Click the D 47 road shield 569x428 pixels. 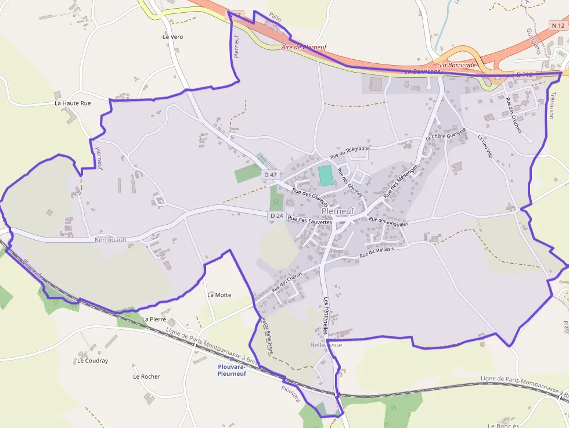point(271,174)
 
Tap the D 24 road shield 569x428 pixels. point(276,216)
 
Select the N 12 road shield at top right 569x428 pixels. point(558,26)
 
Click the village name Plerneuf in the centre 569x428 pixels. point(337,211)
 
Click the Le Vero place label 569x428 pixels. point(173,37)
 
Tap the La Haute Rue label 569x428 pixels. point(73,103)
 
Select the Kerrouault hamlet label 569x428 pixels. point(111,239)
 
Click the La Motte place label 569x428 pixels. point(219,295)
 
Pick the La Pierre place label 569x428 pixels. point(154,319)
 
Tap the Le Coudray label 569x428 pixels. point(92,361)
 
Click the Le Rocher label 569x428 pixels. point(146,376)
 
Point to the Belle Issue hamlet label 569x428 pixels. point(326,345)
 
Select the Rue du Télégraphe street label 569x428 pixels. point(350,153)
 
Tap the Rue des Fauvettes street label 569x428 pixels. point(310,221)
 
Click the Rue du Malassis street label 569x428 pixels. point(377,252)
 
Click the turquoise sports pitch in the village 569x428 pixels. point(326,175)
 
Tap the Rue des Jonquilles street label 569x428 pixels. point(388,221)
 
